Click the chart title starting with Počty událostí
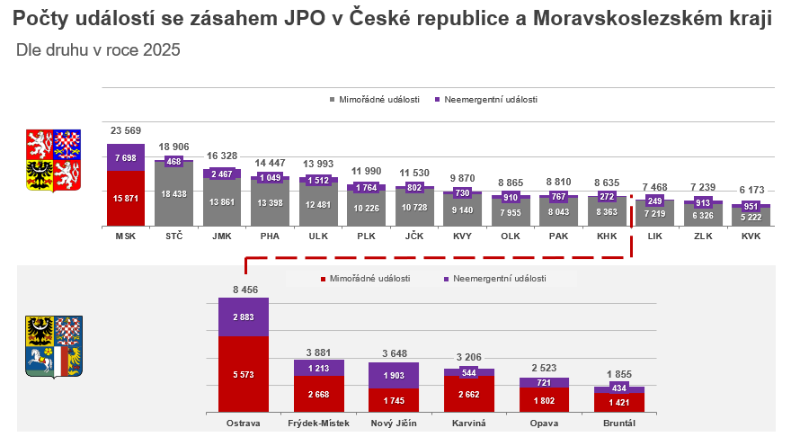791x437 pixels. [x=393, y=19]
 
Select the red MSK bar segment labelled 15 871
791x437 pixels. [x=126, y=198]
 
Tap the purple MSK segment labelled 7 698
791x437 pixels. [x=126, y=157]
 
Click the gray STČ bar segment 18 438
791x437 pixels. [x=173, y=194]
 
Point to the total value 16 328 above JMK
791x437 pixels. [x=222, y=156]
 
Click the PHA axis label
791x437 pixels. [x=270, y=236]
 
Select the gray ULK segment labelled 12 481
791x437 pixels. [x=318, y=204]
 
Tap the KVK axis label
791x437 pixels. [x=751, y=236]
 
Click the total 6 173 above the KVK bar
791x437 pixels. [x=751, y=191]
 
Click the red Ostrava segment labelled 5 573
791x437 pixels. [x=243, y=373]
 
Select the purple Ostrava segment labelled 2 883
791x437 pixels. [x=243, y=317]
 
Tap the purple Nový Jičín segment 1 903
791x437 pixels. [x=394, y=375]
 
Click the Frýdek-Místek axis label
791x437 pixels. [x=318, y=423]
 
